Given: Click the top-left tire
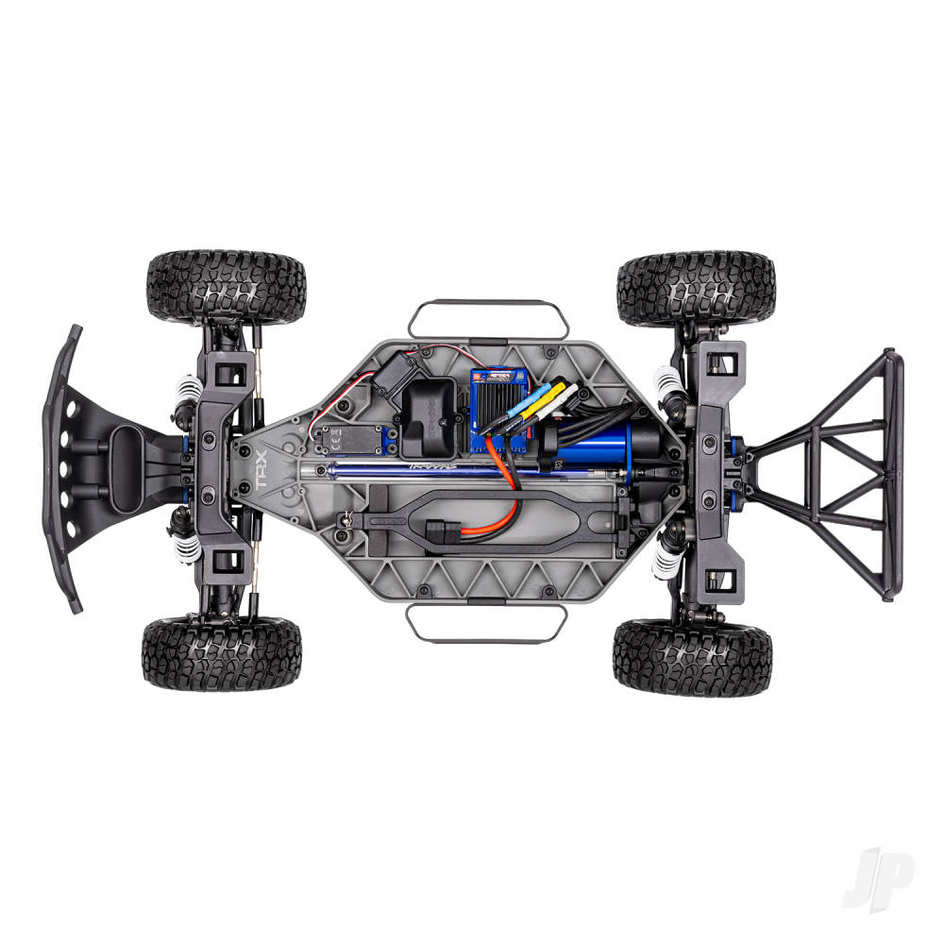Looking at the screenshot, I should [x=226, y=287].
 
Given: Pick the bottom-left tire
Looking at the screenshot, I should [x=222, y=654].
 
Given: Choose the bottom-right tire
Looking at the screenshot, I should [x=692, y=658].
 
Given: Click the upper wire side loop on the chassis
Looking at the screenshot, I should [x=489, y=320].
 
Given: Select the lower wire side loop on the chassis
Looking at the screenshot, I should [x=486, y=622].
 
